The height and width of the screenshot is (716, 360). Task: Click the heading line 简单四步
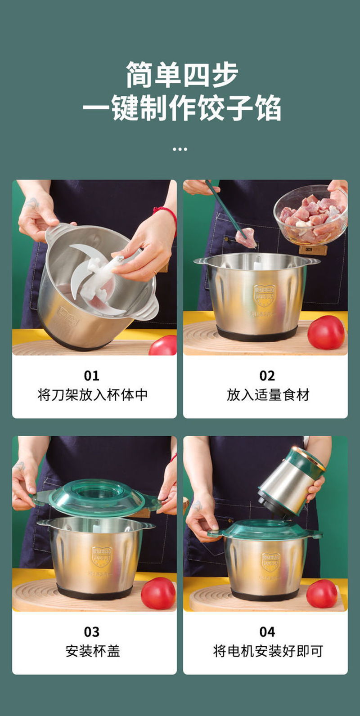click(182, 75)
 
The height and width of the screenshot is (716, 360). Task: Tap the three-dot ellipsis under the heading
click(180, 149)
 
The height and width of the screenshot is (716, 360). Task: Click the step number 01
click(91, 376)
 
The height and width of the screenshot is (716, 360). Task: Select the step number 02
click(267, 376)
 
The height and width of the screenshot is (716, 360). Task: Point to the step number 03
click(91, 632)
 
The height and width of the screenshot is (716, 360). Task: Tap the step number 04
click(267, 632)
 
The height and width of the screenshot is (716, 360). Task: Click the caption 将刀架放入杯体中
click(93, 395)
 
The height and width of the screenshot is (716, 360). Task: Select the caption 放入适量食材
click(268, 395)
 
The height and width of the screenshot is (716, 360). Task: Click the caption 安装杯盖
click(93, 651)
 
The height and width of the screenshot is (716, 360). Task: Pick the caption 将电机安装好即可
click(268, 651)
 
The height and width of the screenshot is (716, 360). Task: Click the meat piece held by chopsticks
click(246, 237)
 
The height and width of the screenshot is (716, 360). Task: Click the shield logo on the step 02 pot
click(264, 295)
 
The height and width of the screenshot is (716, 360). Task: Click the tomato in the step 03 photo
click(158, 593)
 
